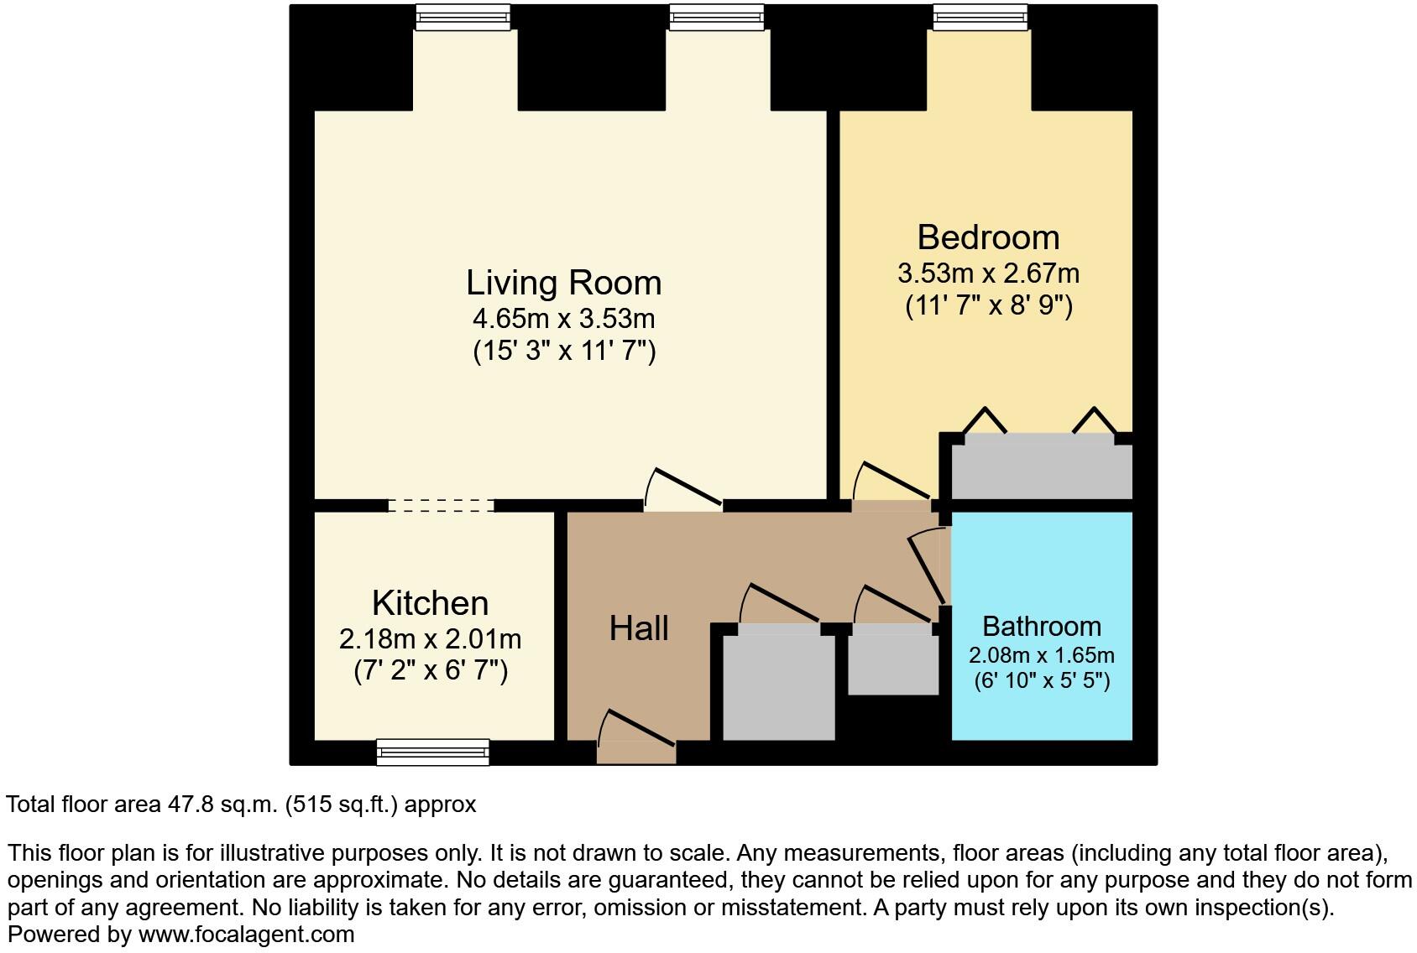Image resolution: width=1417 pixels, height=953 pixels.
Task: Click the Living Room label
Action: pos(563,283)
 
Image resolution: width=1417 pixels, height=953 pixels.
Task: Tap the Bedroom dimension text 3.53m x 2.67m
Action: pos(988,273)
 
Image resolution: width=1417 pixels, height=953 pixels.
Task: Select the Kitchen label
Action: pos(430,603)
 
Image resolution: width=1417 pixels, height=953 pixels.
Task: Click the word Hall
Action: pos(639,628)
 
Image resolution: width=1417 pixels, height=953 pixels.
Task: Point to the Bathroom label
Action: pos(1041,627)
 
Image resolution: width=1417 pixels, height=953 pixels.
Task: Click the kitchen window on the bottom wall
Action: pos(432,753)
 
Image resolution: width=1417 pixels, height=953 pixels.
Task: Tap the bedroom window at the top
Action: pos(980,17)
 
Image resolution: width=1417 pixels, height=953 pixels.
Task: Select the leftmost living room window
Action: pos(463,17)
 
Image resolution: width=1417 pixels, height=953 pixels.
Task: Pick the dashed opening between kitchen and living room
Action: pos(441,505)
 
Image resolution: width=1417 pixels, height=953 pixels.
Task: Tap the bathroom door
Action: pos(930,569)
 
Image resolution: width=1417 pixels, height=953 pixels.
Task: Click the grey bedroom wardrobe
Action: pos(1041,470)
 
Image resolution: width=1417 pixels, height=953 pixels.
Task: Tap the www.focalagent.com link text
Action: pos(246,934)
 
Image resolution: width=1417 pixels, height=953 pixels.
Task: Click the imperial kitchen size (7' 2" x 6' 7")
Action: pos(430,671)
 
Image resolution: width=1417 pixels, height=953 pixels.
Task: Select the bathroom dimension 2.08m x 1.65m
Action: pos(1041,655)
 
